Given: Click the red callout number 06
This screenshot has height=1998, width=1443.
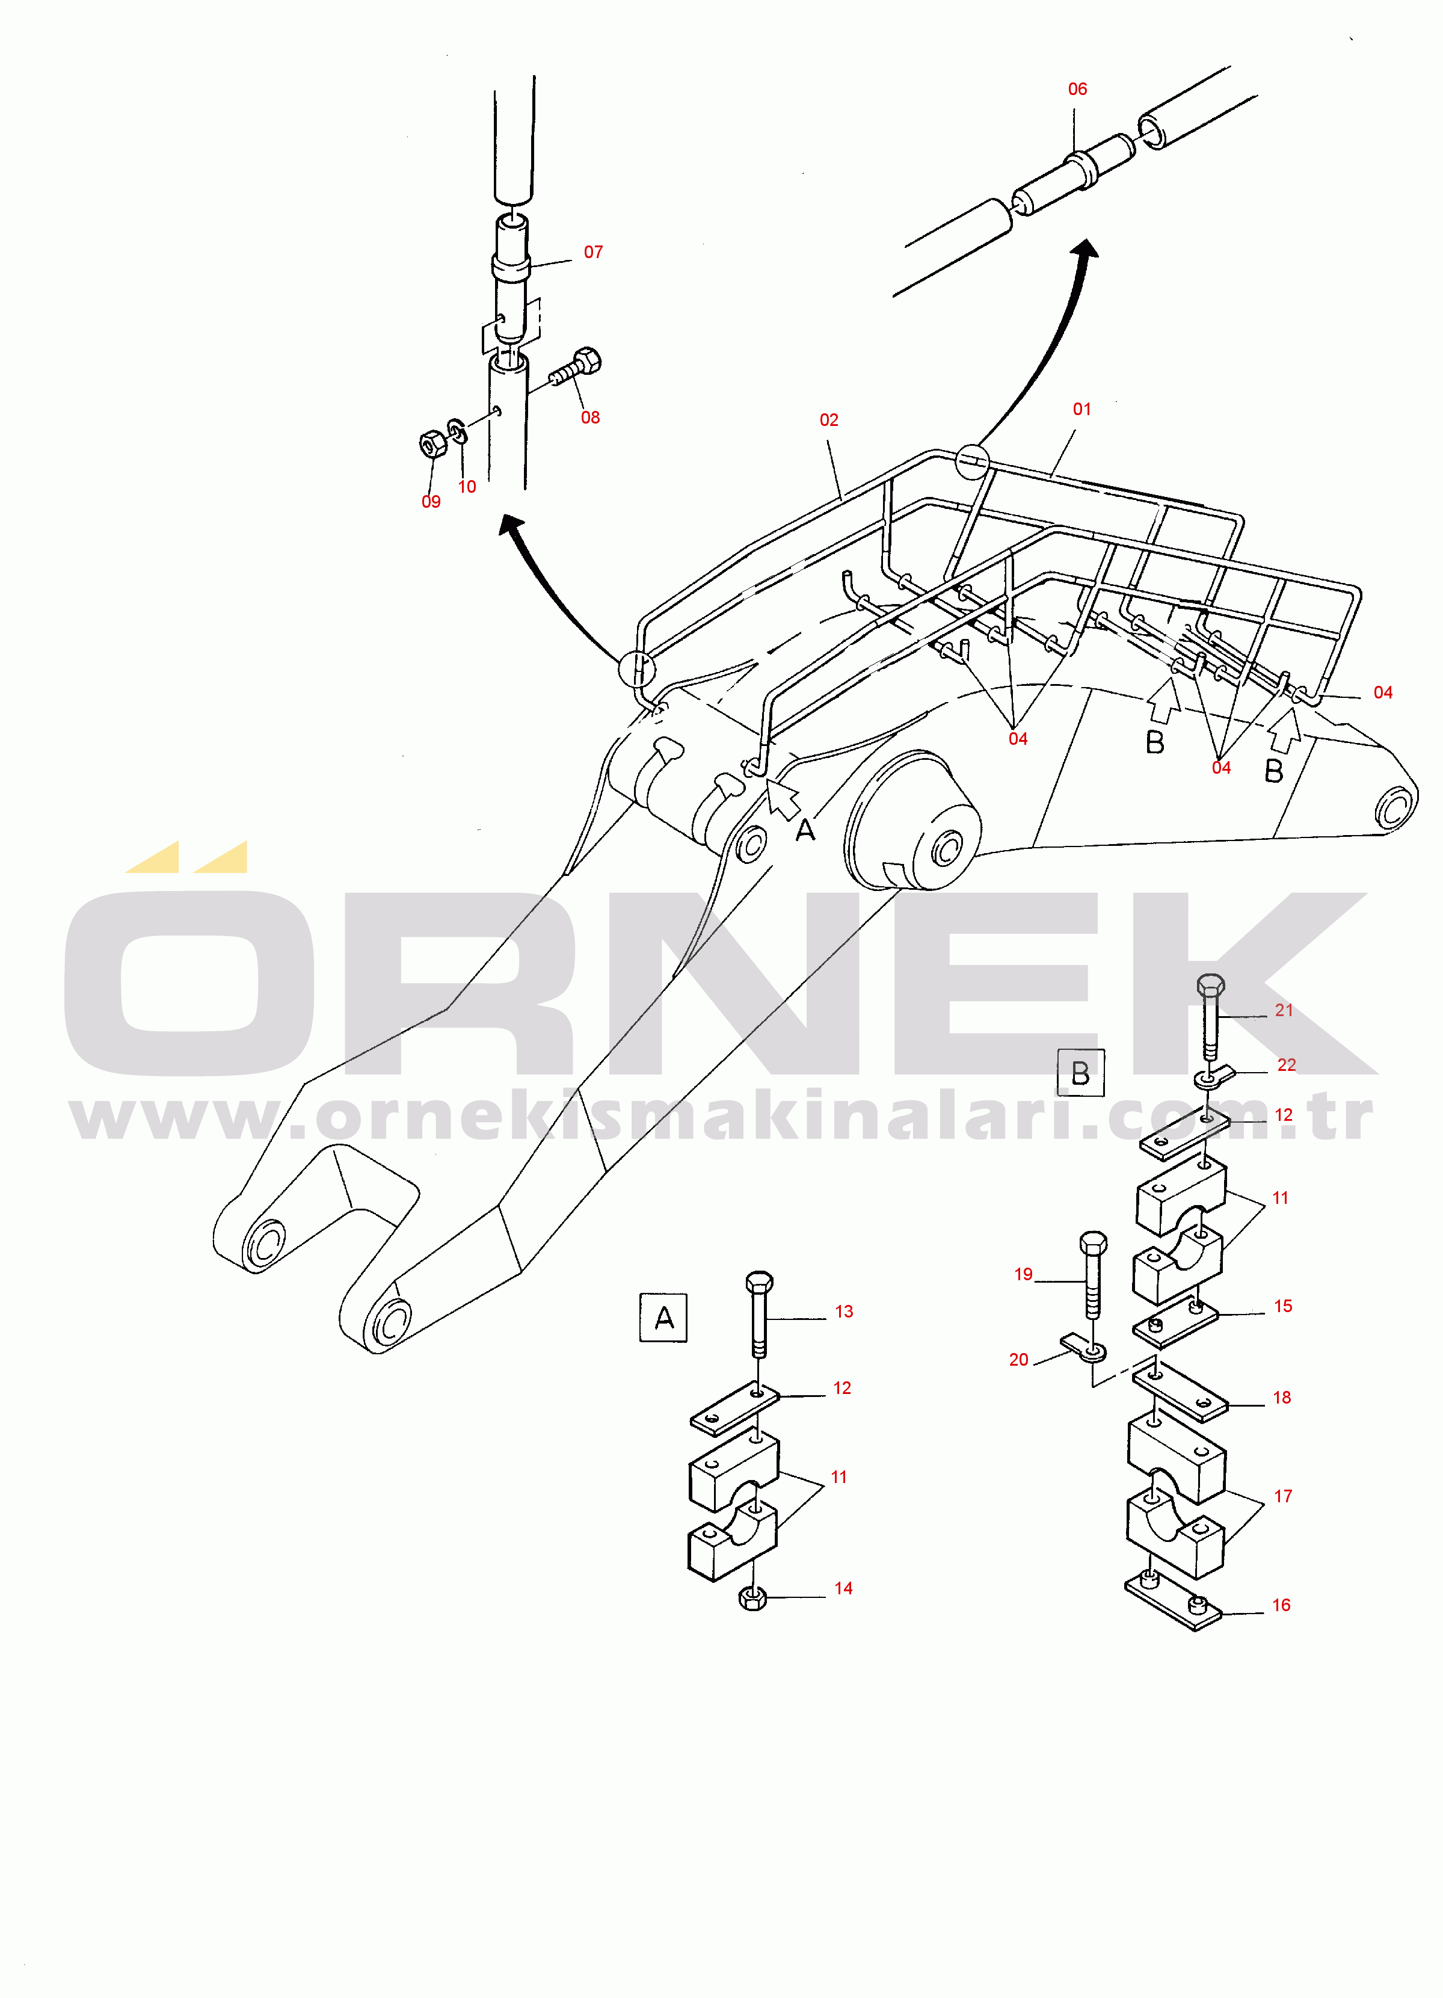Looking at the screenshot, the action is click(x=1077, y=89).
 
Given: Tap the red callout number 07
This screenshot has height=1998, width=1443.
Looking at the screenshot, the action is click(x=593, y=252).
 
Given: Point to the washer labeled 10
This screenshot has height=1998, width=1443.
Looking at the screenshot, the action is click(x=457, y=432).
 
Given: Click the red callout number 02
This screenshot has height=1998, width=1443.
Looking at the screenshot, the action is click(x=829, y=420).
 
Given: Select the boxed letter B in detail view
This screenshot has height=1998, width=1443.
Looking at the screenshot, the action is click(x=1080, y=1073).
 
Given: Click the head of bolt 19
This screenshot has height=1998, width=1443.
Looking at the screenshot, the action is click(x=1092, y=1243).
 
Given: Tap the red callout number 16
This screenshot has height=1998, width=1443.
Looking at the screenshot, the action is click(x=1281, y=1605).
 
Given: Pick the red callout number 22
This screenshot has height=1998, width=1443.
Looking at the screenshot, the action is click(x=1286, y=1065).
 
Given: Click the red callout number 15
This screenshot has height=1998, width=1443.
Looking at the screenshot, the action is click(x=1282, y=1307).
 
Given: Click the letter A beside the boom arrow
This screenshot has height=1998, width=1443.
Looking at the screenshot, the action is click(x=805, y=830).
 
